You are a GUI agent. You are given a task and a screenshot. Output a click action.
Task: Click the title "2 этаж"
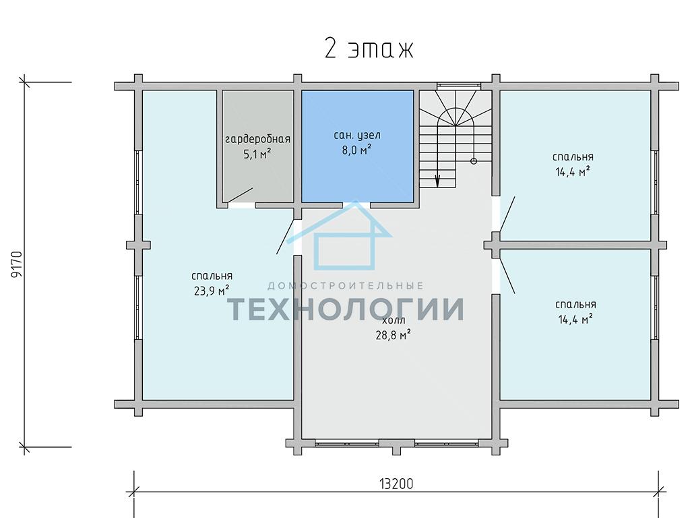click(x=369, y=49)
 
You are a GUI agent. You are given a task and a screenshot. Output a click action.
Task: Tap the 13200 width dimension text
click(x=396, y=484)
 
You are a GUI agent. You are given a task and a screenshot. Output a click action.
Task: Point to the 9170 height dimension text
click(x=16, y=264)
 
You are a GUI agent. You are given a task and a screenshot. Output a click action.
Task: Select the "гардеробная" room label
click(x=258, y=140)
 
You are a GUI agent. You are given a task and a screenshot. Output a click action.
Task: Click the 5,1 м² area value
click(x=257, y=154)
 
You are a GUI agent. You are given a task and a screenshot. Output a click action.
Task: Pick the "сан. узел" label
click(x=357, y=135)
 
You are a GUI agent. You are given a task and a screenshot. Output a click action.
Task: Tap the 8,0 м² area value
click(x=356, y=150)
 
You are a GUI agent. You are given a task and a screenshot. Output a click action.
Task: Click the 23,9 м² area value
click(x=212, y=291)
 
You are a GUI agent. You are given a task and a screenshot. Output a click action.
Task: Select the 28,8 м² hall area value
click(x=394, y=335)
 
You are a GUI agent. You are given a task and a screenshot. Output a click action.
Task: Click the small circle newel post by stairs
click(x=474, y=161)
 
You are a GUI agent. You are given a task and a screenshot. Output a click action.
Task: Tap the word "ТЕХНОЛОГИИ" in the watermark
click(x=346, y=308)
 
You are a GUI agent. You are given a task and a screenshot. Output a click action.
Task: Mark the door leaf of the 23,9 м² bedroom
click(x=285, y=236)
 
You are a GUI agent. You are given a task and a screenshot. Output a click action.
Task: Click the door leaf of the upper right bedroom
click(x=507, y=214)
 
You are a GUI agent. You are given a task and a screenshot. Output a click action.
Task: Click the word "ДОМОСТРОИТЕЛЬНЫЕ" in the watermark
click(x=346, y=286)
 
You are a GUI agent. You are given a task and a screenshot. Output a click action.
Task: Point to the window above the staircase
click(x=458, y=85)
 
